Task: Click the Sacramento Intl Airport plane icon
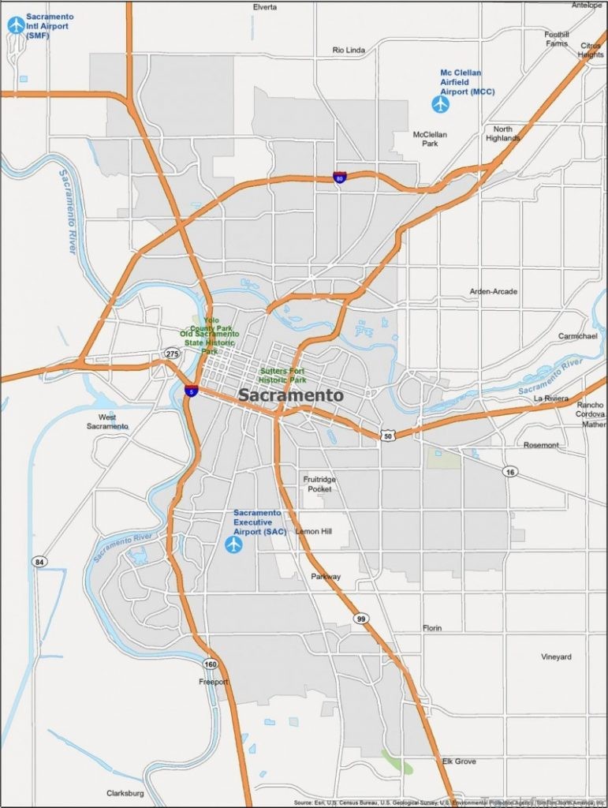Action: [x=16, y=25]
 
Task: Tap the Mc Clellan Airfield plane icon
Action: [x=440, y=103]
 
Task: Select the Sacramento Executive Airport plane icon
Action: [x=233, y=544]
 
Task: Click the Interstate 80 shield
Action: [x=339, y=178]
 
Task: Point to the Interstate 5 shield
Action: [x=192, y=389]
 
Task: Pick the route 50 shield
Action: [x=386, y=435]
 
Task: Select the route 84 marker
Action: [x=38, y=561]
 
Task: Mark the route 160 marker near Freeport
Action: [x=211, y=664]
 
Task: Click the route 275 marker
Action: [x=172, y=353]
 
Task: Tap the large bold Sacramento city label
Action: [x=290, y=395]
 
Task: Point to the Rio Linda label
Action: [x=349, y=50]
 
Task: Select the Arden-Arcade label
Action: [x=494, y=292]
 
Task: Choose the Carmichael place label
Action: [x=578, y=336]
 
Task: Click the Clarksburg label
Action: [x=126, y=793]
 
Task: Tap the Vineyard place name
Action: [x=556, y=656]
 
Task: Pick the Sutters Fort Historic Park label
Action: [x=282, y=375]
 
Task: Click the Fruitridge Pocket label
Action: [x=319, y=484]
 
